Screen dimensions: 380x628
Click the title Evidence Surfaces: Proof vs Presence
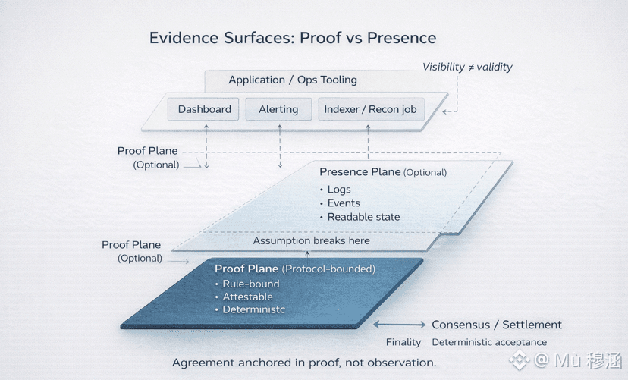click(x=292, y=38)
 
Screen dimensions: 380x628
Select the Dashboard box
click(x=204, y=109)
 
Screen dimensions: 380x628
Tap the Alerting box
click(x=278, y=109)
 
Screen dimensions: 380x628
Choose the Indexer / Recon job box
click(x=371, y=109)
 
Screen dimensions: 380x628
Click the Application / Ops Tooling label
click(x=292, y=80)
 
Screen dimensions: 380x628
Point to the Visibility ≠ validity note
click(x=467, y=67)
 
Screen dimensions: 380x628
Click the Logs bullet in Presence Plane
click(x=339, y=190)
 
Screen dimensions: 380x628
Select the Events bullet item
click(x=344, y=203)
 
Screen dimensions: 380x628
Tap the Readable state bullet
click(x=363, y=217)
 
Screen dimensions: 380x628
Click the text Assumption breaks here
click(x=311, y=240)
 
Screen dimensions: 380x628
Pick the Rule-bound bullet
click(x=250, y=284)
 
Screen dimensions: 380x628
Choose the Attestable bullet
click(x=247, y=297)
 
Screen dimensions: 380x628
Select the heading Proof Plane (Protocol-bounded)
click(x=295, y=269)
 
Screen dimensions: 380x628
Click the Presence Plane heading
click(x=360, y=172)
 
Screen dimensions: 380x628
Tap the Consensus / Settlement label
click(x=497, y=325)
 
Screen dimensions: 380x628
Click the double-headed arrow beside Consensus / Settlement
click(x=400, y=325)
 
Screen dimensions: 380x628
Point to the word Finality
click(x=403, y=342)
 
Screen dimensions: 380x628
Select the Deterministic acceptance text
click(x=489, y=342)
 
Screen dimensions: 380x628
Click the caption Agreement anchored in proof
click(x=304, y=363)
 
